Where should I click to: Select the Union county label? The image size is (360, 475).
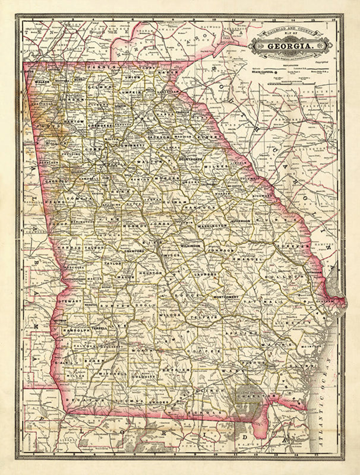click(132, 77)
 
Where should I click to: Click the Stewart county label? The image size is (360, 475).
click(70, 301)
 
